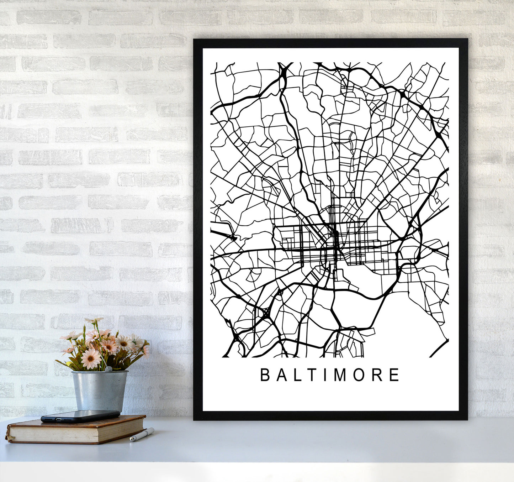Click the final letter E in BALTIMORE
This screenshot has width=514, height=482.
pos(394,375)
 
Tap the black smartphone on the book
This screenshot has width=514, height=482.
pos(80,416)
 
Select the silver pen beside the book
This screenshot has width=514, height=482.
pos(142,435)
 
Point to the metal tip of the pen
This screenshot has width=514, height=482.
pos(131,440)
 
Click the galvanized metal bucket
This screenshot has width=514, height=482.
pos(100,390)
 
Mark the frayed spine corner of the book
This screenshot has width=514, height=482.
pos(8,435)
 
